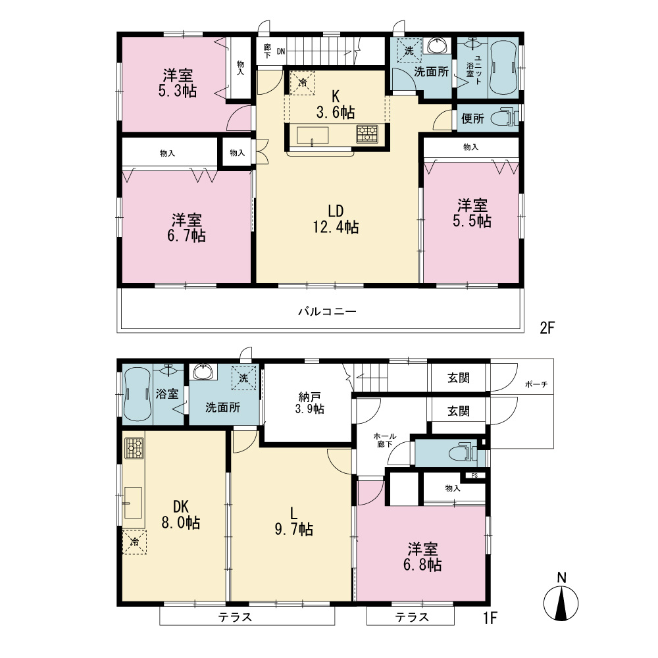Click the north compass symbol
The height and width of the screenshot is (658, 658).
pos(561,597)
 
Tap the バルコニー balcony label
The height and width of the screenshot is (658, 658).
pos(327,311)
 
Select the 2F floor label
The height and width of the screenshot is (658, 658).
pos(547,327)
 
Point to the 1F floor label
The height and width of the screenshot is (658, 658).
pos(490,617)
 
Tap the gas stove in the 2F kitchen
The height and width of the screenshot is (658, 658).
pos(367,134)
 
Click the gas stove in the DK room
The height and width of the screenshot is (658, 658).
pos(134,447)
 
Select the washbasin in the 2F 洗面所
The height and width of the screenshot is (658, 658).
pos(439,45)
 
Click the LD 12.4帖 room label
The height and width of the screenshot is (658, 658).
pos(336,219)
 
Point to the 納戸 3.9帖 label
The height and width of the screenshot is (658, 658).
pos(310,403)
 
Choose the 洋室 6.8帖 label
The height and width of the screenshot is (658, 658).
pos(422,557)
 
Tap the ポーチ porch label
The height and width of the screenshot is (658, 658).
pos(536,384)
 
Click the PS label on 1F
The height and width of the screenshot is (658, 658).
pos(474,476)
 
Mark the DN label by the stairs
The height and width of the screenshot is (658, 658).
pos(281,51)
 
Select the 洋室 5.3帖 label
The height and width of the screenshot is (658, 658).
pos(178,83)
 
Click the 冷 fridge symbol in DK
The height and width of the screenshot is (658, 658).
pos(134,542)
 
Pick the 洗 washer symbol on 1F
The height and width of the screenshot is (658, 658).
pos(243,378)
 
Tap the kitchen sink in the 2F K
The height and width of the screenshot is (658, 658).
pos(313,135)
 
